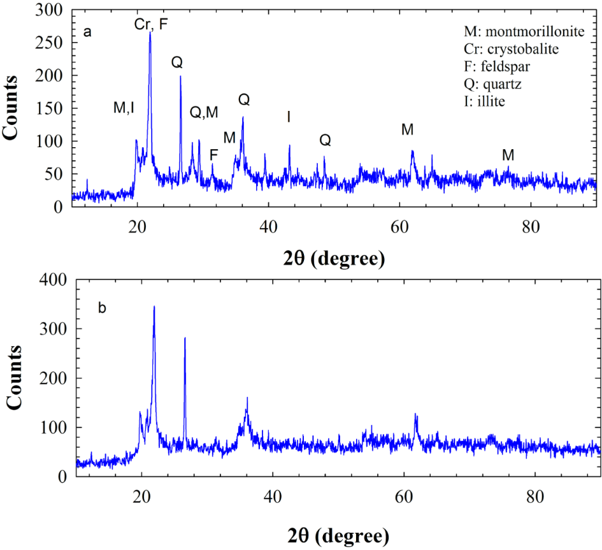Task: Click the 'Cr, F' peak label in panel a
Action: point(152,24)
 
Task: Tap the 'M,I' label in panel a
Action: point(124,108)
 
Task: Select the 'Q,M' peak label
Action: point(204,112)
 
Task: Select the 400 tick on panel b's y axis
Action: point(53,280)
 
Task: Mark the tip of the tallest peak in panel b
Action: point(154,307)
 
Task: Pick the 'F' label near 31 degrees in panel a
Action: point(213,155)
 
